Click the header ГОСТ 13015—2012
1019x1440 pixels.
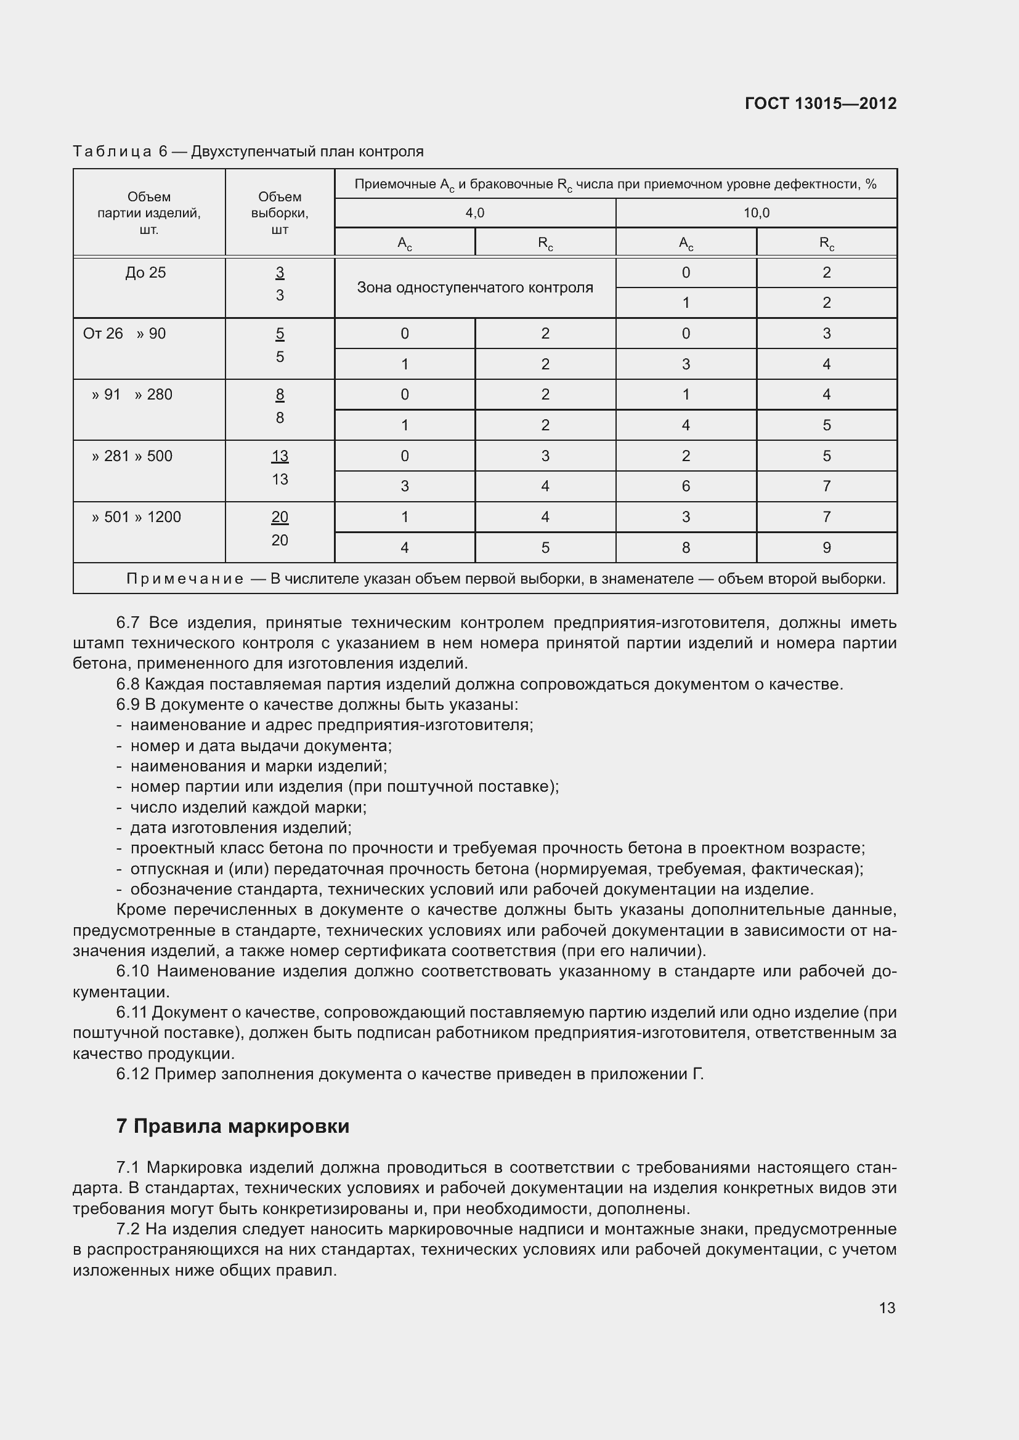pos(820,103)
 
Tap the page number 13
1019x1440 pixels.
pos(887,1308)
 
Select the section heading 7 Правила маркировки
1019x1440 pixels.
pos(233,1126)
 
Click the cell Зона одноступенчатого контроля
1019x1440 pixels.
pos(474,288)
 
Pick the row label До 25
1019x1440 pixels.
pos(145,273)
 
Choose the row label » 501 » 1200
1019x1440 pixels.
pos(136,517)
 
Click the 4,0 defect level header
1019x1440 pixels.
pos(474,213)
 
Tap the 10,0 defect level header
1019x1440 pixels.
pos(756,213)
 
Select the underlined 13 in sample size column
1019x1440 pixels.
pos(280,456)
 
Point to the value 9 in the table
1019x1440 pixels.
pos(826,547)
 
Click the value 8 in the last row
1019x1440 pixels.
pos(686,547)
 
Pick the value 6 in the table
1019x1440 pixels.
pos(686,486)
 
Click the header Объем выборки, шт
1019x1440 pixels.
pos(280,213)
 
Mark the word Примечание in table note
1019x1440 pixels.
pos(184,579)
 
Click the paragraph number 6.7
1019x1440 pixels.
pos(128,623)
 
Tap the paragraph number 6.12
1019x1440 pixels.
pos(132,1074)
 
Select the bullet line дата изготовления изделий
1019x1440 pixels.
pos(240,827)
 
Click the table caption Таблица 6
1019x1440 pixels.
pos(120,152)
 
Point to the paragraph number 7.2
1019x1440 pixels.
pos(128,1229)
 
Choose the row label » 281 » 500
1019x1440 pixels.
pos(132,456)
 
